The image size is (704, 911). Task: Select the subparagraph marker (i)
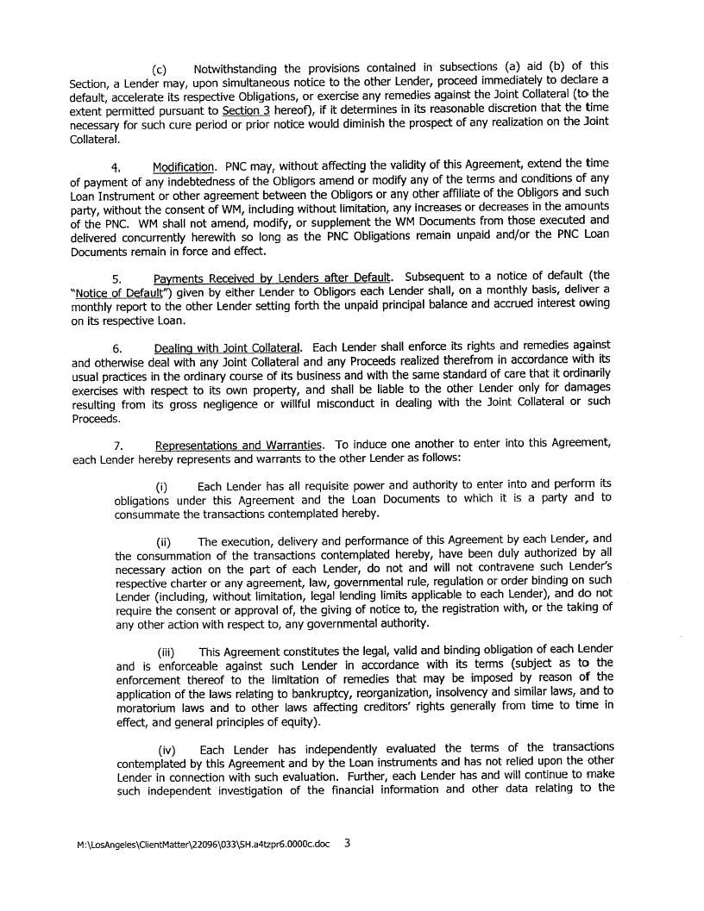[161, 488]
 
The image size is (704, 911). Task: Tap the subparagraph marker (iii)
[165, 652]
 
